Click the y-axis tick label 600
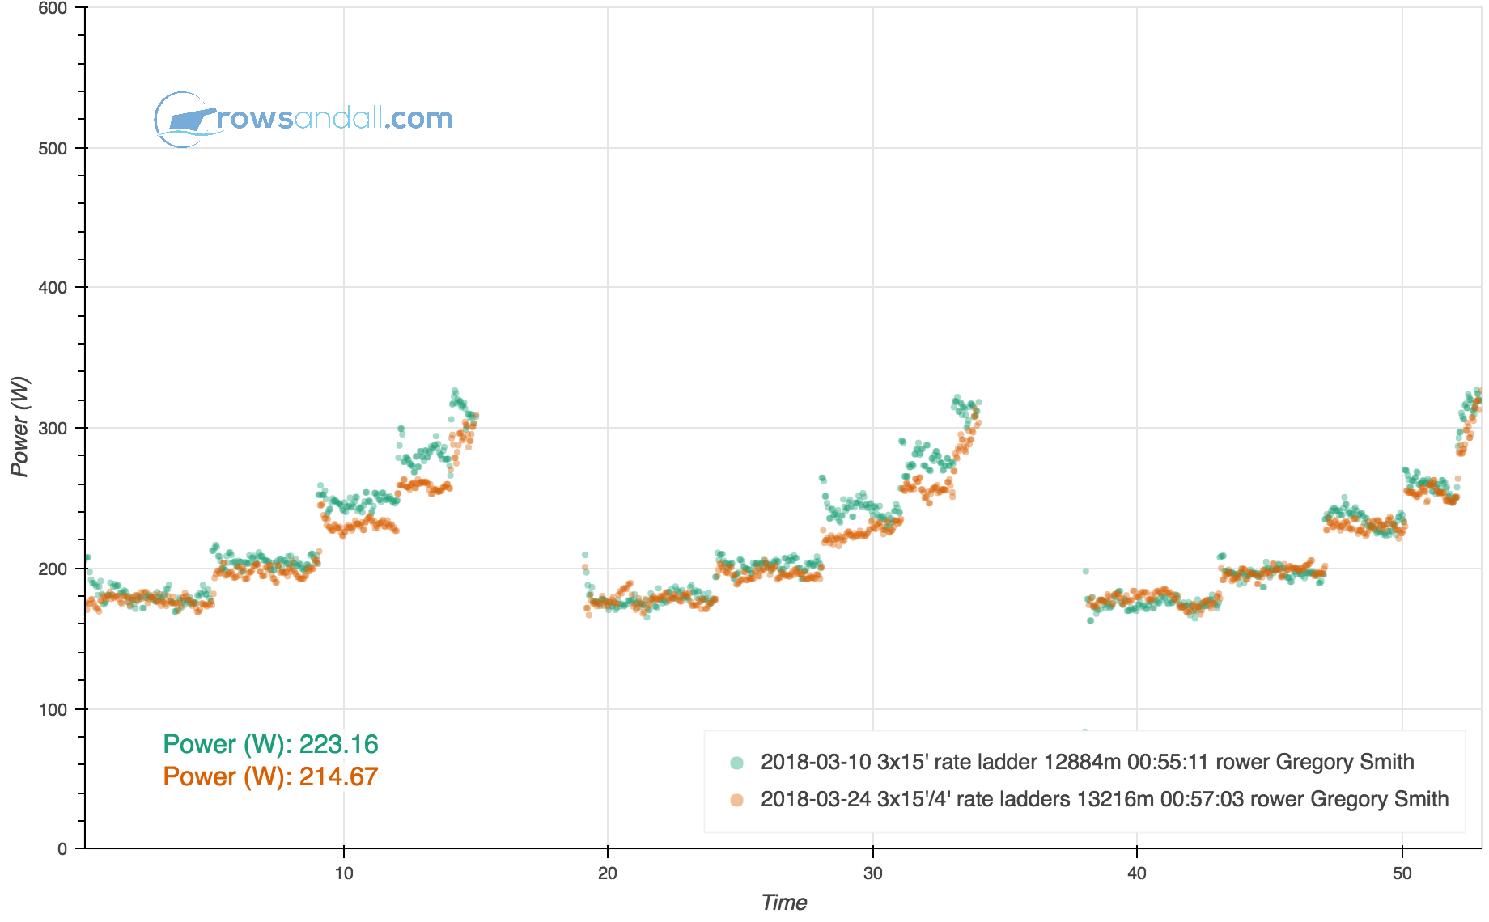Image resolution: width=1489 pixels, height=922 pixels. [x=53, y=8]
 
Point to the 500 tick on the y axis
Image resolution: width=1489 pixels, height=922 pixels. [x=53, y=148]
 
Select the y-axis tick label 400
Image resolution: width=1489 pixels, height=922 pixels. [x=53, y=288]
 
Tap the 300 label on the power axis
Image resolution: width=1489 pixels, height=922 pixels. [x=53, y=429]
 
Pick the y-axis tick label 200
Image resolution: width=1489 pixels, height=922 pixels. [x=53, y=569]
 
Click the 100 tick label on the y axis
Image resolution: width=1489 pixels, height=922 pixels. [x=53, y=709]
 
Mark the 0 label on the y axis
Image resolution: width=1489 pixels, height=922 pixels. [x=62, y=849]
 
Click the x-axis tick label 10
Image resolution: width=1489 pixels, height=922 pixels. [x=344, y=873]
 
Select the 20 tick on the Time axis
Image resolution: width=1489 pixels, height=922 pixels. [x=608, y=873]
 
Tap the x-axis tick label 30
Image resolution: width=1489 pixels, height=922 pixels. [x=872, y=873]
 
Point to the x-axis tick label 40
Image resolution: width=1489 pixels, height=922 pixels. [x=1137, y=873]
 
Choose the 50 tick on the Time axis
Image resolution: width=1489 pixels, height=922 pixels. [x=1402, y=873]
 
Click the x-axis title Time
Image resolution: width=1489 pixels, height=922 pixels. [x=783, y=903]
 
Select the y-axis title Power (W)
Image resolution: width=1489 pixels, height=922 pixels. [x=19, y=426]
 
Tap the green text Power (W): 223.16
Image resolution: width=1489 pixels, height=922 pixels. [x=270, y=744]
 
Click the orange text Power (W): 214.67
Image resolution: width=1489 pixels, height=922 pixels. [x=270, y=776]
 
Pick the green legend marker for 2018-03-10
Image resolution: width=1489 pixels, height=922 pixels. [x=736, y=763]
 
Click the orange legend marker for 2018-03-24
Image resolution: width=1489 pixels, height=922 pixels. [x=736, y=800]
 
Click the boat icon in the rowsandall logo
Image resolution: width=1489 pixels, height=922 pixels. [x=188, y=120]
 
